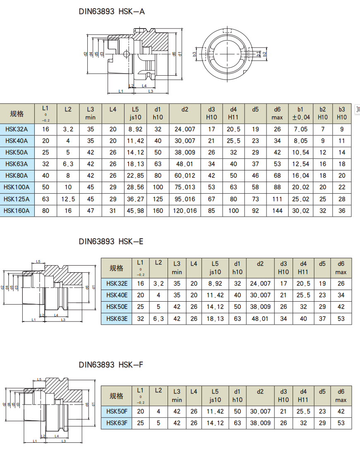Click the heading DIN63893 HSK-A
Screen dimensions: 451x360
pyautogui.click(x=112, y=12)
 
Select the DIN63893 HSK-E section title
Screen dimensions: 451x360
pyautogui.click(x=111, y=241)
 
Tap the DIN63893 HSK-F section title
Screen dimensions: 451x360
pyautogui.click(x=111, y=365)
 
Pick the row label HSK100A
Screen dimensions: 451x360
pyautogui.click(x=17, y=187)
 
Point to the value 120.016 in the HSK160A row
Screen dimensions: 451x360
pyautogui.click(x=185, y=211)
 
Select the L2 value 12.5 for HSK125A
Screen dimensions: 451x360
pyautogui.click(x=68, y=199)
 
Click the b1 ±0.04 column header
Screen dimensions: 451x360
pyautogui.click(x=301, y=113)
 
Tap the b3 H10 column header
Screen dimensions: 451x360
pyautogui.click(x=341, y=113)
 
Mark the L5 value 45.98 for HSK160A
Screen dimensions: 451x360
pyautogui.click(x=135, y=211)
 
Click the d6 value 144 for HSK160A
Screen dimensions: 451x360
pyautogui.click(x=277, y=211)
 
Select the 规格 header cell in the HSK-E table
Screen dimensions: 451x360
pyautogui.click(x=116, y=268)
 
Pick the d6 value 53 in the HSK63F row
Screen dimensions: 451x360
pyautogui.click(x=341, y=423)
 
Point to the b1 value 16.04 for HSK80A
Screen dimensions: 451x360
pyautogui.click(x=301, y=176)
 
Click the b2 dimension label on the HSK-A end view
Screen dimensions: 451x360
pyautogui.click(x=265, y=53)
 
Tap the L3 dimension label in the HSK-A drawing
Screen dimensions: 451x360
pyautogui.click(x=151, y=91)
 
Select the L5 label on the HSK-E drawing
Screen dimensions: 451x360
pyautogui.click(x=38, y=261)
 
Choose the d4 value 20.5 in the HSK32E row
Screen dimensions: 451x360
pyautogui.click(x=303, y=284)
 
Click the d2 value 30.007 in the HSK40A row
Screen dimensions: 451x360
pyautogui.click(x=185, y=141)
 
